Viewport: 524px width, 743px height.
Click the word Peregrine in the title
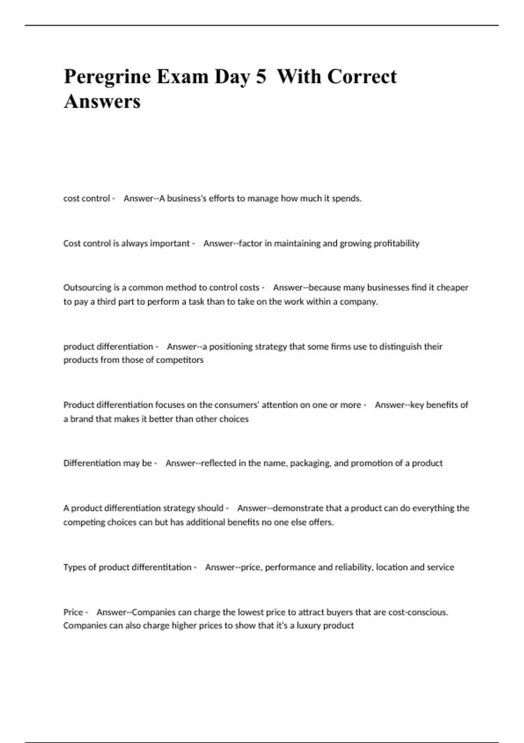(x=107, y=77)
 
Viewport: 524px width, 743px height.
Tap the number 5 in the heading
(x=261, y=77)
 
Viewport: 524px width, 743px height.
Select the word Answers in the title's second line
(x=102, y=101)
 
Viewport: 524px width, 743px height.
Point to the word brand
(x=82, y=419)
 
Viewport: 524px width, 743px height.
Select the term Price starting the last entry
(x=73, y=612)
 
